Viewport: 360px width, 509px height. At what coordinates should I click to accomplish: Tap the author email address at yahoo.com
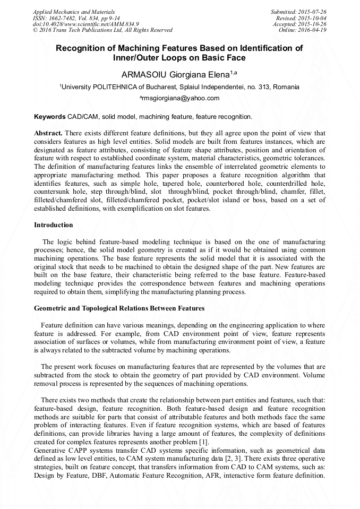tap(179, 98)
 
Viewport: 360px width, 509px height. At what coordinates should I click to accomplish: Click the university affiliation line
tap(179, 87)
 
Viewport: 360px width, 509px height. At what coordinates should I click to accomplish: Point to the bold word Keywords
tap(50, 116)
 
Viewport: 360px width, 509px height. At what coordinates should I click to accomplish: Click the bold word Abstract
tap(48, 133)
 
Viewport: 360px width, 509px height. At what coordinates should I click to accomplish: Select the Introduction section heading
tap(54, 225)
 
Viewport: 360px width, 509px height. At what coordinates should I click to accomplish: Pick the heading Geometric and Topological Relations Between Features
tap(119, 308)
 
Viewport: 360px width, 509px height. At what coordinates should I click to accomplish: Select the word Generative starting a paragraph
tap(52, 451)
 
